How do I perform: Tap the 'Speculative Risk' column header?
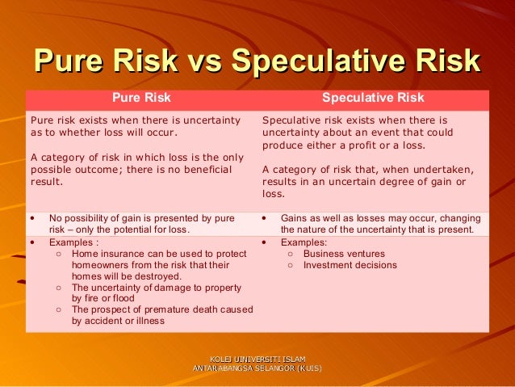pos(373,99)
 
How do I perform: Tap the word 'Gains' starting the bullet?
pos(295,218)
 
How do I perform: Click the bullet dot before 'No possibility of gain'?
pos(31,218)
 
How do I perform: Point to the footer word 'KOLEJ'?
pos(219,358)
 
